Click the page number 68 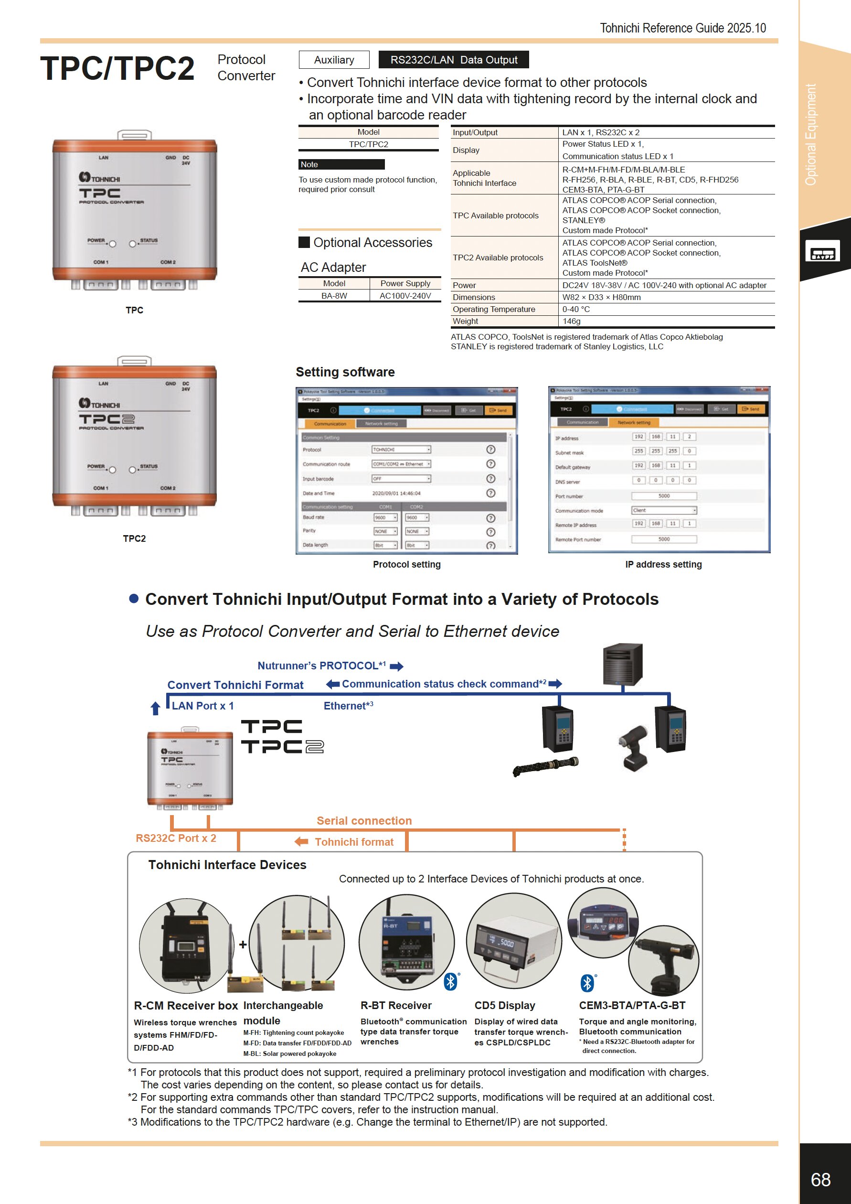pos(820,1179)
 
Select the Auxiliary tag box pos(334,60)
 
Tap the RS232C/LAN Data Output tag pos(453,60)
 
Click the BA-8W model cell pos(334,296)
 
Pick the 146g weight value pos(571,322)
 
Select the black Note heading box pos(341,165)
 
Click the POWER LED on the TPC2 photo pos(112,470)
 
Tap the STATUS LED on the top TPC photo pos(133,243)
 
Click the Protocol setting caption pos(406,564)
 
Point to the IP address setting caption pos(663,564)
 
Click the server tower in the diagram pos(623,664)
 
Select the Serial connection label pos(364,821)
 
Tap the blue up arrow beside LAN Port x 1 pos(155,709)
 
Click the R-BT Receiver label pos(395,1005)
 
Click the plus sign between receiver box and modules pos(243,945)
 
